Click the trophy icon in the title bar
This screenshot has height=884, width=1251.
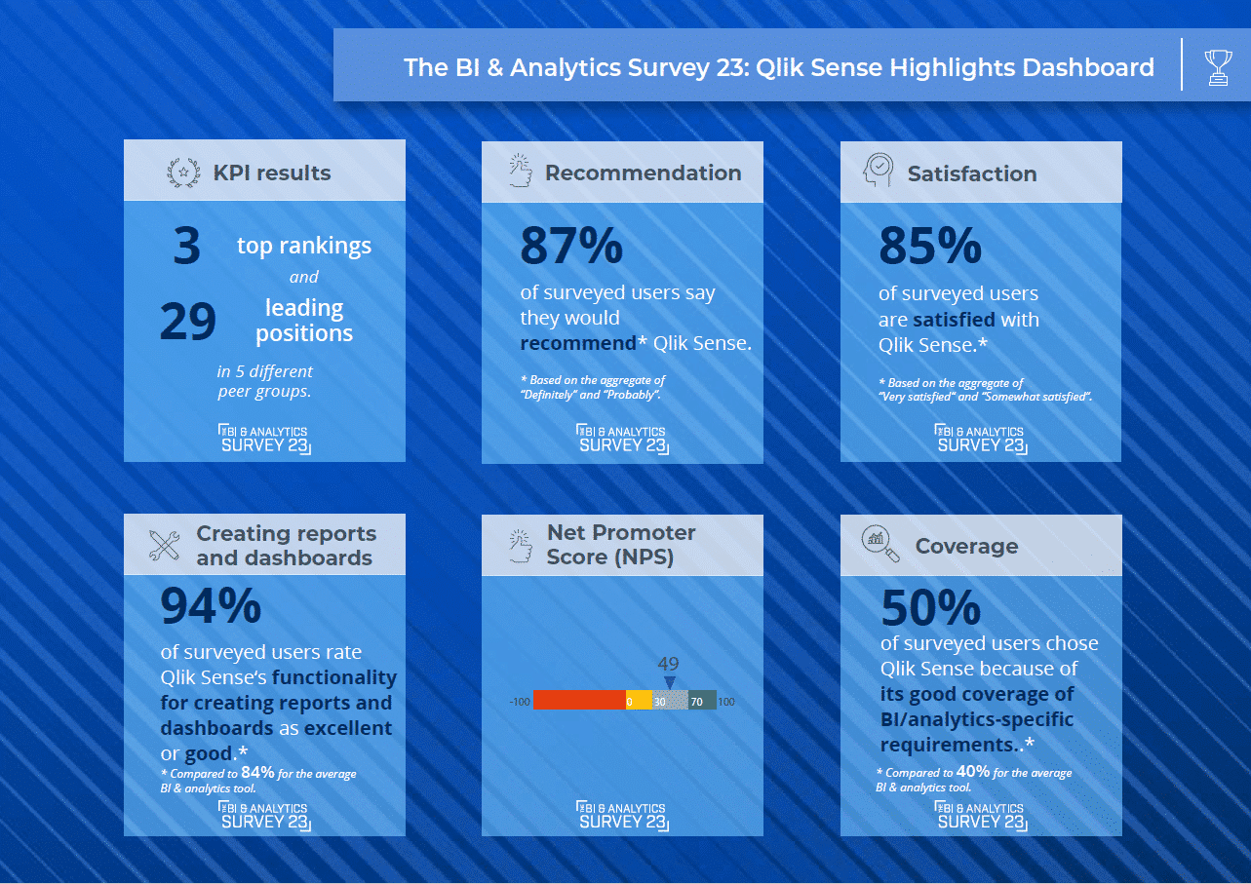point(1218,66)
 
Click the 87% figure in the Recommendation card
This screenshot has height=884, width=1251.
point(570,246)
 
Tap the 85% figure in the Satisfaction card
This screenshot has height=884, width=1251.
point(929,246)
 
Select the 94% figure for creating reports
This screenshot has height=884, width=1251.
point(211,606)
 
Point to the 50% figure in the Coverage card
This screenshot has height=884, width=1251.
point(930,609)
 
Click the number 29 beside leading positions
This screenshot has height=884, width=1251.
point(187,323)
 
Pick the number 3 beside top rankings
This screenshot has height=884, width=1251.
point(186,247)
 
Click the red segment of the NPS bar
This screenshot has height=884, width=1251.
point(579,700)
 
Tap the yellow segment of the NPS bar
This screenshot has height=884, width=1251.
point(639,700)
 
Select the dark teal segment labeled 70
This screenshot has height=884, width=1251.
point(697,700)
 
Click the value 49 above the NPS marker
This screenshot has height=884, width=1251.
point(668,665)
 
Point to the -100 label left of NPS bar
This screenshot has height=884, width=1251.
point(519,701)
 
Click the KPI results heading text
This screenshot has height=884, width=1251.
point(272,173)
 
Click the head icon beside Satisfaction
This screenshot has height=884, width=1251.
point(877,172)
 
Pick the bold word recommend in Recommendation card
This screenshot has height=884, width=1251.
point(577,343)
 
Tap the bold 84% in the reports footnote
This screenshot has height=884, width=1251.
point(257,772)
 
